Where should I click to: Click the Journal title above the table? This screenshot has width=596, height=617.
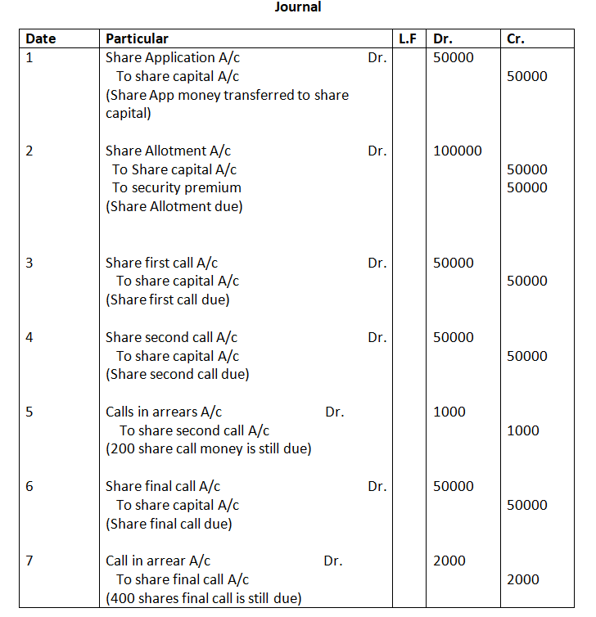pyautogui.click(x=298, y=7)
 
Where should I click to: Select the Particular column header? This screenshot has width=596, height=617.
pyautogui.click(x=137, y=38)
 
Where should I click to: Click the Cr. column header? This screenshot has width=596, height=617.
pyautogui.click(x=516, y=38)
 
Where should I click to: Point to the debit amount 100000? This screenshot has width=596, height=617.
pyautogui.click(x=457, y=151)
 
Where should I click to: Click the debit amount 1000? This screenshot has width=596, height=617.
pyautogui.click(x=449, y=412)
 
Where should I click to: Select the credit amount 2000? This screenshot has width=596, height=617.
pyautogui.click(x=523, y=579)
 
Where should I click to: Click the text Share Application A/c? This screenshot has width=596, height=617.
pyautogui.click(x=173, y=58)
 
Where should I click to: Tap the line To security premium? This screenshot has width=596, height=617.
pyautogui.click(x=177, y=188)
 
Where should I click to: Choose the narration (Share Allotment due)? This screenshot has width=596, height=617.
pyautogui.click(x=174, y=207)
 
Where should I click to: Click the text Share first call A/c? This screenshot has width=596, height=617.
pyautogui.click(x=161, y=263)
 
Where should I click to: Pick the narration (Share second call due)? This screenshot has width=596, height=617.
pyautogui.click(x=177, y=375)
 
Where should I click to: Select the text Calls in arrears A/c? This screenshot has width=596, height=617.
pyautogui.click(x=164, y=412)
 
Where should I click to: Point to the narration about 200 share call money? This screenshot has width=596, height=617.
pyautogui.click(x=208, y=449)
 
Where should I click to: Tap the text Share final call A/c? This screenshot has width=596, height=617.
pyautogui.click(x=163, y=486)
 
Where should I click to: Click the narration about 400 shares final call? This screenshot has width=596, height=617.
pyautogui.click(x=203, y=598)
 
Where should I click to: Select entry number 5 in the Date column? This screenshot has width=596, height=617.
pyautogui.click(x=29, y=412)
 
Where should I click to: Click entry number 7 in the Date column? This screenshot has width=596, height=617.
pyautogui.click(x=29, y=561)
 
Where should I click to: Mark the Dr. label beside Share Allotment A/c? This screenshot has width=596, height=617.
pyautogui.click(x=377, y=151)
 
